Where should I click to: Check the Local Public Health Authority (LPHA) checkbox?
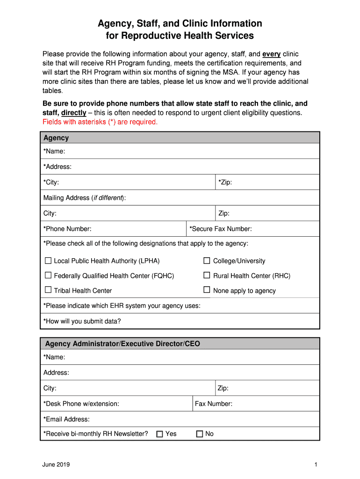48,261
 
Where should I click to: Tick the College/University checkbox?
207,261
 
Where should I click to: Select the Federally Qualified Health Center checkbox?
48,276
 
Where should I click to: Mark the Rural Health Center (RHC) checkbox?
207,276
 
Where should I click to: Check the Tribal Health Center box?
48,290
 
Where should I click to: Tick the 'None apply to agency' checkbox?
207,290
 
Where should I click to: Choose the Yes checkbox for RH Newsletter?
159,434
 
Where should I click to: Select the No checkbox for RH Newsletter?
200,434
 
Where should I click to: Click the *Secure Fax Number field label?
220,229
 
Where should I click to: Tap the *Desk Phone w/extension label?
81,404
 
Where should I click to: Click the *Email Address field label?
66,419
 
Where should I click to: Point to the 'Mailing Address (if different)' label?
85,198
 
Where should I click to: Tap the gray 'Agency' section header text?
56,138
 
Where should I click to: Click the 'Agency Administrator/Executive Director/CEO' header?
122,344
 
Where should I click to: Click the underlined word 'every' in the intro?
271,54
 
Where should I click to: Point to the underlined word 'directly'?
74,113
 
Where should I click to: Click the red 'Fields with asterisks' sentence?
100,122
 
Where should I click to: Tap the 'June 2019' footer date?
56,464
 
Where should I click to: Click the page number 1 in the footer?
317,464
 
